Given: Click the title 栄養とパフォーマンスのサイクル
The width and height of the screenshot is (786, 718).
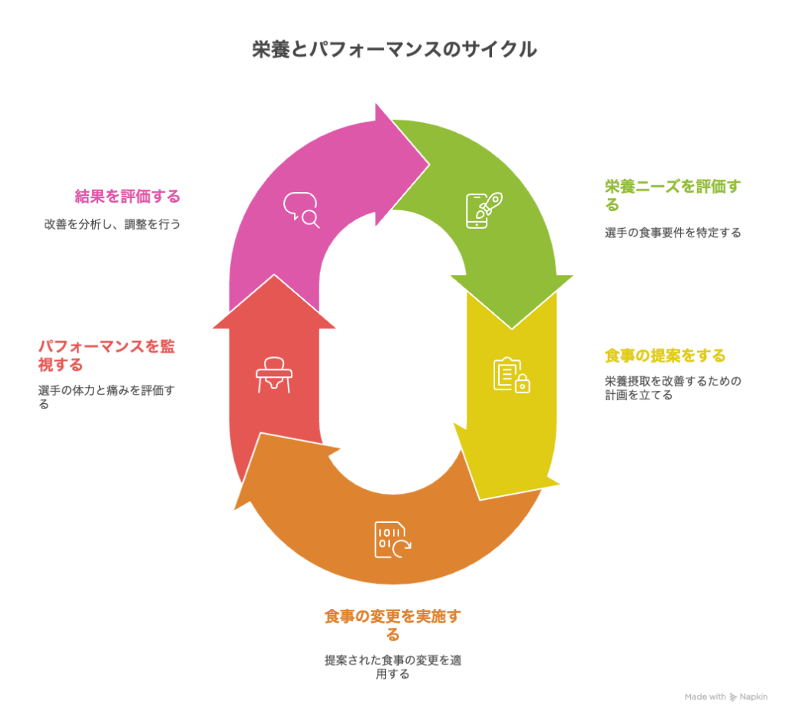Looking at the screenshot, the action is tap(394, 50).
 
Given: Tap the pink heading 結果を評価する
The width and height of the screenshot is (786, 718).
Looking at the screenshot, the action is tap(127, 196).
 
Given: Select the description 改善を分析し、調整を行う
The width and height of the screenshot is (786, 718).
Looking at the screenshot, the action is tap(112, 224).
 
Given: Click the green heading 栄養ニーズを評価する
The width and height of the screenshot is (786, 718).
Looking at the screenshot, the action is tap(672, 196).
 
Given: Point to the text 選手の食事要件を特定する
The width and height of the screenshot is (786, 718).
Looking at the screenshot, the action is tap(672, 233).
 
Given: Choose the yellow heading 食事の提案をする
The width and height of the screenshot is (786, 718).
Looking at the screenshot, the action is tap(665, 356).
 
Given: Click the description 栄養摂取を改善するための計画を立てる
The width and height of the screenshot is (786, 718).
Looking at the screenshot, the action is tap(672, 388).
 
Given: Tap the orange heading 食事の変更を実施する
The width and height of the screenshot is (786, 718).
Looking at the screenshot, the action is tap(392, 625).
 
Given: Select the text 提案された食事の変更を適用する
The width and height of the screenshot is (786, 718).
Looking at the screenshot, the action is tap(392, 667).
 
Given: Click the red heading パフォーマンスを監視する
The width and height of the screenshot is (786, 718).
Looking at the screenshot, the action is tap(106, 356).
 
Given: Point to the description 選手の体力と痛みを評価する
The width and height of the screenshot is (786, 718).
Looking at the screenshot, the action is tap(106, 397).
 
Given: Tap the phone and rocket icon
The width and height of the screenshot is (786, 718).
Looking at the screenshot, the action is tap(484, 210).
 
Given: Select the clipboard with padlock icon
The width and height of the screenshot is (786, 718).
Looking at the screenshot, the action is tap(512, 375).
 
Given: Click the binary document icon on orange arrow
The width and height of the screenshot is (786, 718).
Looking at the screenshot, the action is tap(393, 540).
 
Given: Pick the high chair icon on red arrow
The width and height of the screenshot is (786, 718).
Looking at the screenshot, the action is tap(274, 375).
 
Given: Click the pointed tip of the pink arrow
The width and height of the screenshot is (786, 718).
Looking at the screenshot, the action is tap(429, 164).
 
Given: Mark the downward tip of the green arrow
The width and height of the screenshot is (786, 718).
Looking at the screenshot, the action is tap(512, 329).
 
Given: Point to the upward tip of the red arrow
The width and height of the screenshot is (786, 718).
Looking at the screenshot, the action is tap(274, 274).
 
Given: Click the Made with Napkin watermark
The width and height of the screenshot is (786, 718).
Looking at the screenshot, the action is tap(726, 697).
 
